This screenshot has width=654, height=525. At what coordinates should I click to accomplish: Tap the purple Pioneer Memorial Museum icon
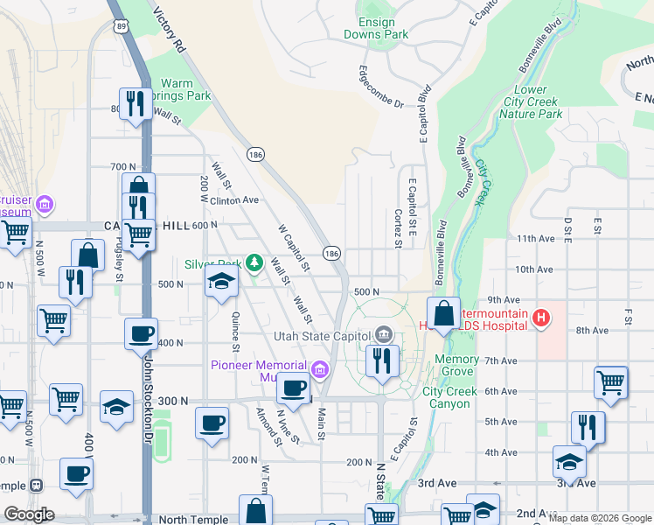(x=320, y=370)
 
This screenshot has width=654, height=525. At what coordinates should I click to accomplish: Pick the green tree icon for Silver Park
(x=254, y=262)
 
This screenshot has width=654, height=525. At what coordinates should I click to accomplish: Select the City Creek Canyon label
(x=449, y=397)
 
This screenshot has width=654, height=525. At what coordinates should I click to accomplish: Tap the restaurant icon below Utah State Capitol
(x=381, y=360)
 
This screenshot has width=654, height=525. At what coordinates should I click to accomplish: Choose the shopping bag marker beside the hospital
(x=443, y=312)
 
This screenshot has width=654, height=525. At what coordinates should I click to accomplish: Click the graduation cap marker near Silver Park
(x=221, y=282)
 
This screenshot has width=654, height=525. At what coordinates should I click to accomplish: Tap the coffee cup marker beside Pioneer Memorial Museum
(x=293, y=388)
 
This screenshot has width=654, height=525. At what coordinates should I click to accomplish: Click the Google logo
(x=29, y=514)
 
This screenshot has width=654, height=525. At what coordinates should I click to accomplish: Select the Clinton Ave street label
(x=234, y=199)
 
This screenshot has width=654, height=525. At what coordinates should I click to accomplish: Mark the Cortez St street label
(x=397, y=227)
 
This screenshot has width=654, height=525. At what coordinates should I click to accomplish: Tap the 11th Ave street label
(x=536, y=238)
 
